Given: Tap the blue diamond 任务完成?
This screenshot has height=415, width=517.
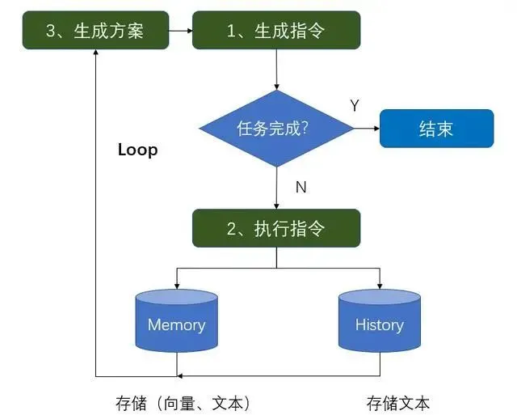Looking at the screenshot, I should (276, 129).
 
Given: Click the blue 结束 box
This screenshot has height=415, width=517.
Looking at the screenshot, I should (436, 129).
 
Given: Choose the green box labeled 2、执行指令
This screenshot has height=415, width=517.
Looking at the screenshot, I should (276, 227).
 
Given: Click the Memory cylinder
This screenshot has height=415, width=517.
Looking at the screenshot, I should (176, 324).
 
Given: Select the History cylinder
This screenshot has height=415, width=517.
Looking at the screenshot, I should (379, 324).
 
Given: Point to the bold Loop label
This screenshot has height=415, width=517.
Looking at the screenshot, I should (137, 150).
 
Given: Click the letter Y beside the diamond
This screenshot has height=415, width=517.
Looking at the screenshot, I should (354, 106).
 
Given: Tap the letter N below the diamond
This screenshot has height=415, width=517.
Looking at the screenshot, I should (301, 187).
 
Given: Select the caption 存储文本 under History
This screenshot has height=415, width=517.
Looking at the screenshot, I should (398, 402).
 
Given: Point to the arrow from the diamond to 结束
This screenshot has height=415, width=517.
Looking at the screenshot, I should (367, 129).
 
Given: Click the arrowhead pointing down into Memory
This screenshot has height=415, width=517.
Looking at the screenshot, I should (176, 286).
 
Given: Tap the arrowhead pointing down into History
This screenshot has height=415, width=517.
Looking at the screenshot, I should (379, 286).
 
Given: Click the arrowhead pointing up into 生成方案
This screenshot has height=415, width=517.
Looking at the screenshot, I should (96, 53).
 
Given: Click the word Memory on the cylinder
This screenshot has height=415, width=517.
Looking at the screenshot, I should (176, 325).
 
